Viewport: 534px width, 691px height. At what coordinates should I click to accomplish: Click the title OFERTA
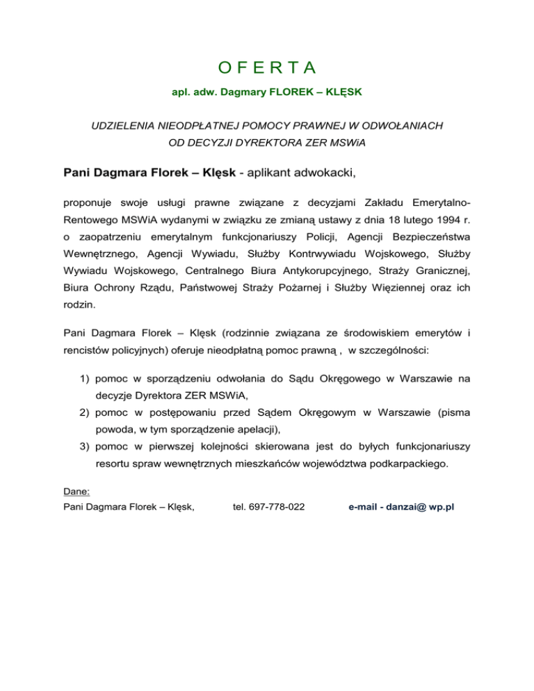pyautogui.click(x=267, y=67)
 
